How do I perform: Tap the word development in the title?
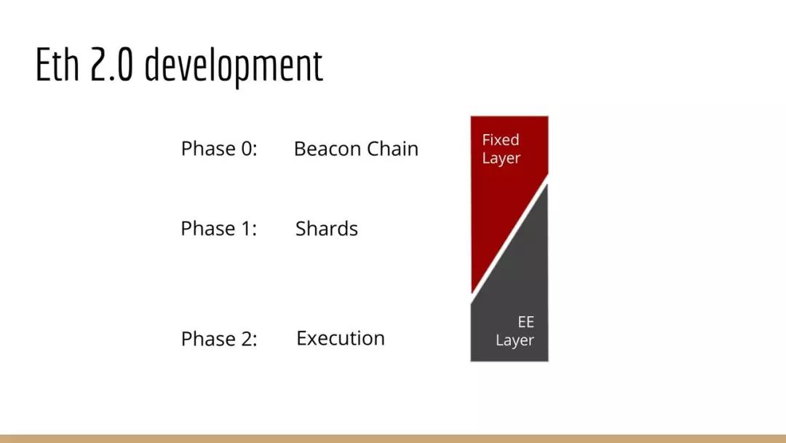[234, 67]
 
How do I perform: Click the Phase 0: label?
[219, 149]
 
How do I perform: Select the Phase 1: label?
[218, 228]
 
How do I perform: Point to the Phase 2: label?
[219, 339]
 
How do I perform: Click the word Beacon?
[326, 149]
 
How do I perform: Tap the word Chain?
[392, 149]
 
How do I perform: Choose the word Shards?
[326, 228]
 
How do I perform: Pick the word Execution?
[341, 338]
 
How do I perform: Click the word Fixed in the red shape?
[501, 139]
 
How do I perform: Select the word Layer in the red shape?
[501, 159]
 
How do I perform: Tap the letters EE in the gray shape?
[526, 321]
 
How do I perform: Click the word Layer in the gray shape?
[515, 340]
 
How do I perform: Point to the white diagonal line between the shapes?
[509, 239]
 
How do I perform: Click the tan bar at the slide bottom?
[393, 439]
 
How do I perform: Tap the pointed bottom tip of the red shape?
[472, 292]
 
